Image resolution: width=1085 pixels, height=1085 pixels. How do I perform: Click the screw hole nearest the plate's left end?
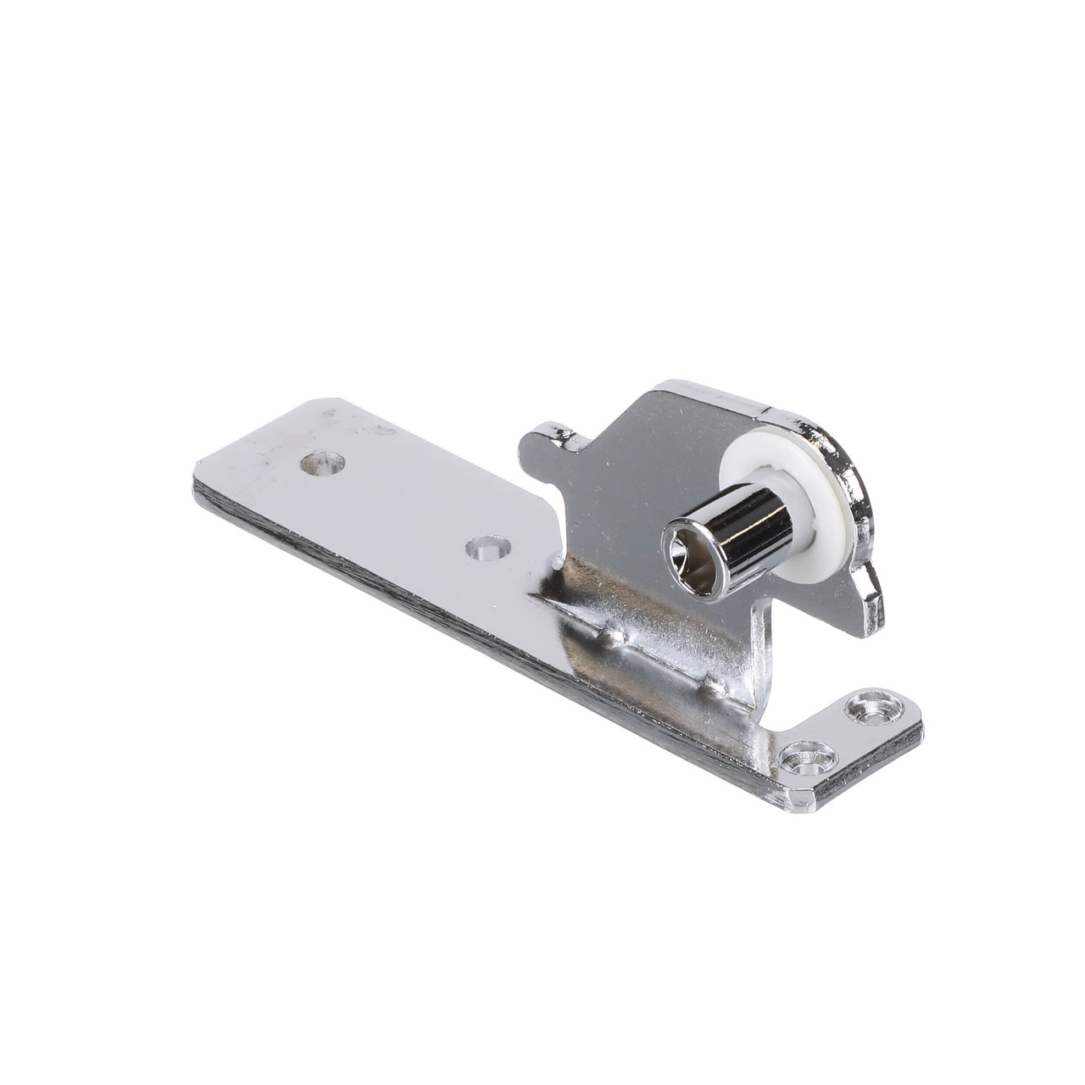tap(323, 464)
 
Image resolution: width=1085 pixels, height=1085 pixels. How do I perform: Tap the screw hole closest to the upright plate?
tap(488, 548)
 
